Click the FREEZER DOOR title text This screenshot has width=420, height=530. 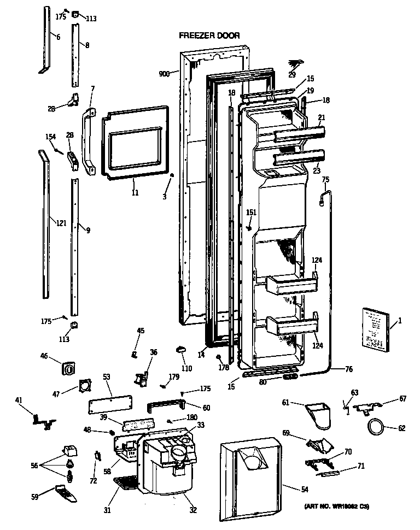coord(209,36)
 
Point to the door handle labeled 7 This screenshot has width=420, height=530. coord(87,140)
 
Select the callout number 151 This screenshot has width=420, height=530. coord(251,213)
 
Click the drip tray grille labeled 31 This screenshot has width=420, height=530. coord(127,483)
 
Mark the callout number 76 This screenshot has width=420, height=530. coord(348,370)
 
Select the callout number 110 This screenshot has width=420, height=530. coord(186,368)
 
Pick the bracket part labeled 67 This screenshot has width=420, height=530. coord(367,408)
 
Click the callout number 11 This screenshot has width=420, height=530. coord(134,193)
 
